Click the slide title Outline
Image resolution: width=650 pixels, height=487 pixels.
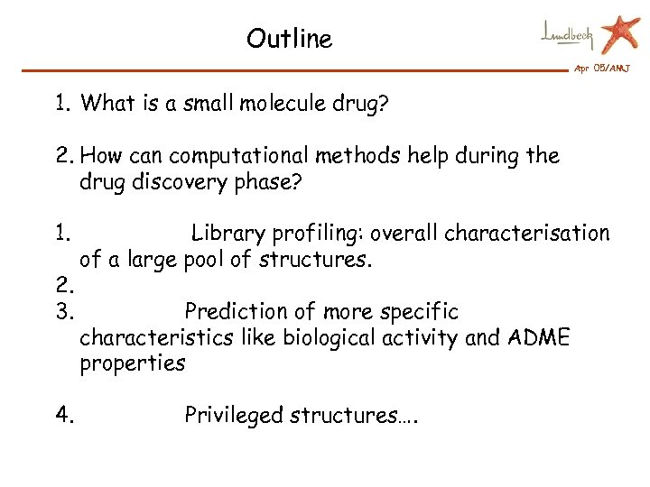(x=289, y=39)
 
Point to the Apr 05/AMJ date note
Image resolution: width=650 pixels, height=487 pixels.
(x=602, y=69)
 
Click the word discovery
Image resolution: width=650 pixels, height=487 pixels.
(x=166, y=182)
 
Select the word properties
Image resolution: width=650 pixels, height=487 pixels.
(x=132, y=364)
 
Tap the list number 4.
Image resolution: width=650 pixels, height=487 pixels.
(x=64, y=416)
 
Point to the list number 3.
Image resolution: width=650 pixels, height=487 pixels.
(x=63, y=312)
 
